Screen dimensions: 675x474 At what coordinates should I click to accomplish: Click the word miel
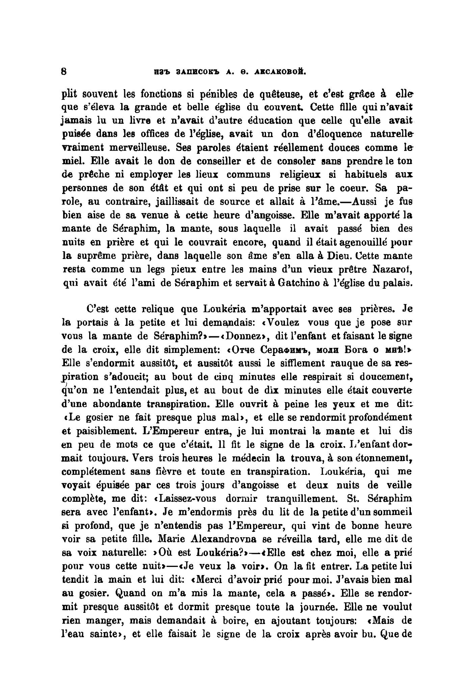71,161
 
